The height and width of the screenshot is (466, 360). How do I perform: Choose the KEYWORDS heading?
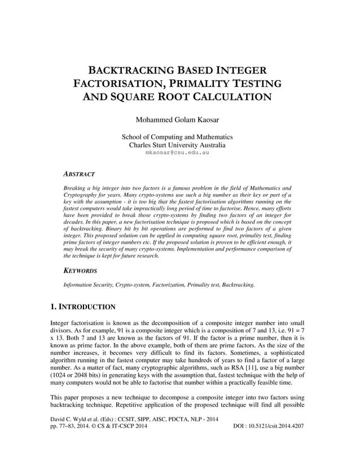(81, 271)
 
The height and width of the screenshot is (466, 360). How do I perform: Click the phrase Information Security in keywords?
(85, 285)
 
